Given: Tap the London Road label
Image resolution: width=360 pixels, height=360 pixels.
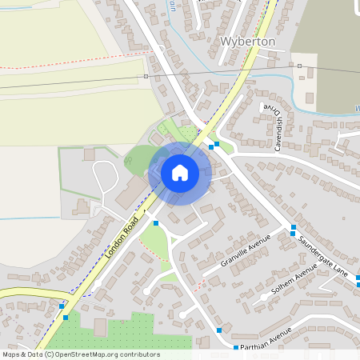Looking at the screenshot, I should click(121, 236).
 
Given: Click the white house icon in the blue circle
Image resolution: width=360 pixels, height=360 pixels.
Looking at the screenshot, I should click(179, 173).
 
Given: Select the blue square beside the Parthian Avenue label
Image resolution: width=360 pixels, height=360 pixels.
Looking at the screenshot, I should click(236, 347).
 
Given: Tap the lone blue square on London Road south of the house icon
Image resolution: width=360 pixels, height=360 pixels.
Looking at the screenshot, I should click(156, 223).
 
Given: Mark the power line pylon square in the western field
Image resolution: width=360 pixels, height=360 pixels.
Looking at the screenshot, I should click(146, 77).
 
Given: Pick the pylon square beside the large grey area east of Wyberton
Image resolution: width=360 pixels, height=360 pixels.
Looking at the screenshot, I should click(299, 66).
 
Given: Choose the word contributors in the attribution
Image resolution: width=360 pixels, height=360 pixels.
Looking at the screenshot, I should click(139, 354).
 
